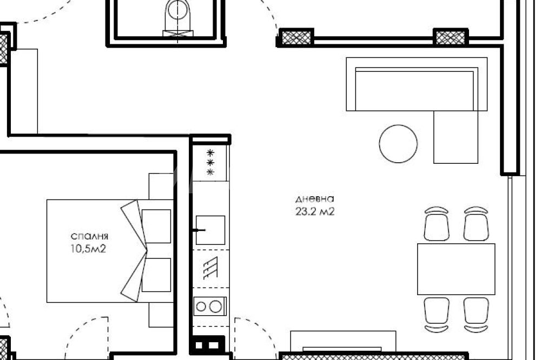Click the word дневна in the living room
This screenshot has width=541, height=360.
click(315, 199)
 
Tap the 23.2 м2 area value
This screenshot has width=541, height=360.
click(315, 211)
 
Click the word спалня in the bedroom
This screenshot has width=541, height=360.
click(89, 237)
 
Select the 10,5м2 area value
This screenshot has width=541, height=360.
click(88, 249)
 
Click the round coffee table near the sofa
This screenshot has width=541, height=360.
click(398, 144)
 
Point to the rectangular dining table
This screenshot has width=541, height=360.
click(456, 269)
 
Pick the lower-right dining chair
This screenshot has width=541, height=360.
click(476, 315)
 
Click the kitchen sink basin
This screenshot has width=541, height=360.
click(210, 230)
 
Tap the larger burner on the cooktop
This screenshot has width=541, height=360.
click(216, 306)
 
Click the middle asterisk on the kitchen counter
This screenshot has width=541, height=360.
click(210, 162)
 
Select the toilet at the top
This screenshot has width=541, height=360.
click(178, 17)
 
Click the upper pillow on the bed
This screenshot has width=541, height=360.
click(156, 226)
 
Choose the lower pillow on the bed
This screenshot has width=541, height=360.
click(156, 275)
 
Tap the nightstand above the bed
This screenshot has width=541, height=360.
click(161, 186)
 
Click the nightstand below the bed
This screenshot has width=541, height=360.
click(161, 315)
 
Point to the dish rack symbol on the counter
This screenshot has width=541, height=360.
click(210, 268)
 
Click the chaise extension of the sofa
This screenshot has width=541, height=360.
click(456, 137)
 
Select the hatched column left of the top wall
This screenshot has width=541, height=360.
click(296, 37)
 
